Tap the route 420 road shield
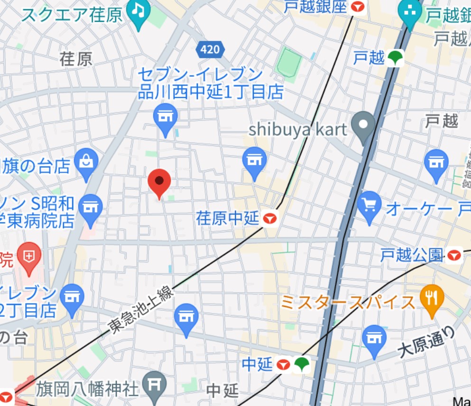209,49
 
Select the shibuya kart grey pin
364,125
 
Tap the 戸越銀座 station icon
358,7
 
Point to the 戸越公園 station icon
454,256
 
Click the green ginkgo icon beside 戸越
395,58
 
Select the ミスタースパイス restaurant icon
432,299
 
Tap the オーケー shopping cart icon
369,206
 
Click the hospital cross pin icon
29,257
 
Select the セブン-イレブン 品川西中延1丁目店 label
210,83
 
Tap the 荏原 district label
76,59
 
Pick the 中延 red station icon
284,364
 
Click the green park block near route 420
289,61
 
